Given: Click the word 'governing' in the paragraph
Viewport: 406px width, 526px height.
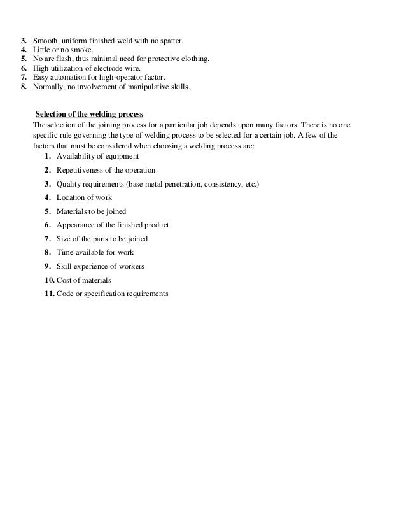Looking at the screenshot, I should (x=96, y=136).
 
